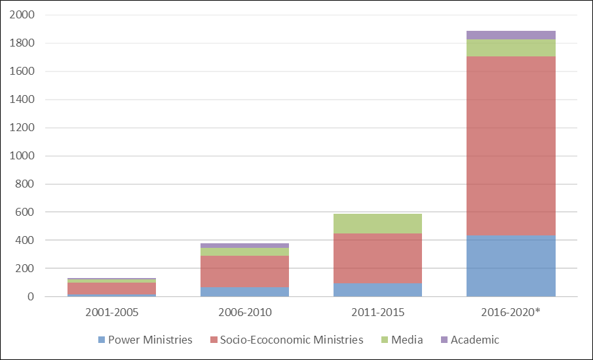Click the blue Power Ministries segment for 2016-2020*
pyautogui.click(x=511, y=266)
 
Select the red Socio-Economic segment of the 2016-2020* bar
pyautogui.click(x=511, y=146)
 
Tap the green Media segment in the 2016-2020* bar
pyautogui.click(x=511, y=48)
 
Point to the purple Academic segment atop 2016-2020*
pyautogui.click(x=511, y=35)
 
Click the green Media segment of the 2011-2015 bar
pyautogui.click(x=377, y=224)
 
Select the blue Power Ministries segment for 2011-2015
pyautogui.click(x=377, y=289)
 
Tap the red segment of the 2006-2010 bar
pyautogui.click(x=244, y=271)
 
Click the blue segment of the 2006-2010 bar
pyautogui.click(x=244, y=291)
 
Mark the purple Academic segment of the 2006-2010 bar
pyautogui.click(x=244, y=245)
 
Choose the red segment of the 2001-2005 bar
pyautogui.click(x=111, y=289)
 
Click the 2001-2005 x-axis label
pyautogui.click(x=111, y=312)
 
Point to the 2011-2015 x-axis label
pyautogui.click(x=377, y=312)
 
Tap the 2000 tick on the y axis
pyautogui.click(x=24, y=15)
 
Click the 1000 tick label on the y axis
pyautogui.click(x=24, y=156)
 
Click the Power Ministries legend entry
pyautogui.click(x=145, y=340)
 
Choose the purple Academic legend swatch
pyautogui.click(x=444, y=340)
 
